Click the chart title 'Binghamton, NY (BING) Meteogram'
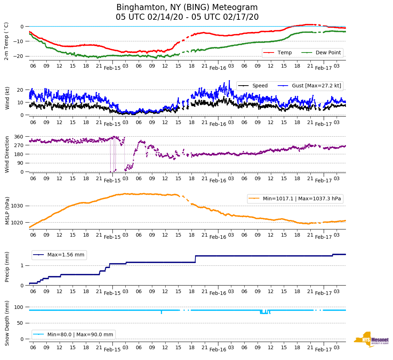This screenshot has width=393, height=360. (187, 8)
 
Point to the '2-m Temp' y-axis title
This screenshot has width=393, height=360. (6, 41)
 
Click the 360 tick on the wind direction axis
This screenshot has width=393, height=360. (19, 137)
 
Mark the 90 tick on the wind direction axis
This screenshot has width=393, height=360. (20, 163)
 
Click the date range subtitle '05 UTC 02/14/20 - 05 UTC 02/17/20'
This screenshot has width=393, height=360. (187, 17)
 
